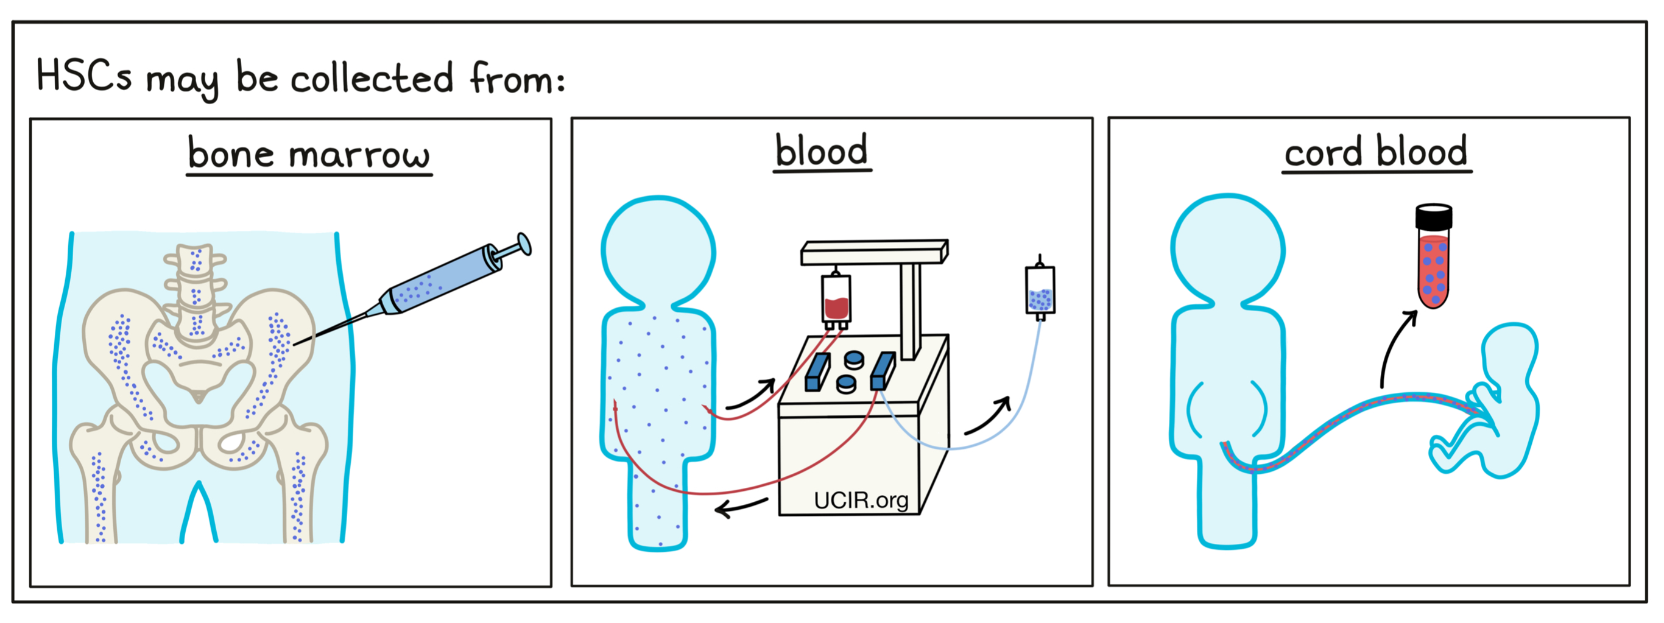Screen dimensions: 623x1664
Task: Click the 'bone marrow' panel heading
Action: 309,155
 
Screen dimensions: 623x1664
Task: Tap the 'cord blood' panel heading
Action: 1376,153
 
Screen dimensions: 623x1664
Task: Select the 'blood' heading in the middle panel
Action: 821,152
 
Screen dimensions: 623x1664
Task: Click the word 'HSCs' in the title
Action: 84,76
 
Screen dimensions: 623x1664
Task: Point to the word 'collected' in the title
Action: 372,79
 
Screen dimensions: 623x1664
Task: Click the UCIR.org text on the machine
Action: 861,501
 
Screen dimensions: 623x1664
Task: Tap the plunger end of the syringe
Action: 524,244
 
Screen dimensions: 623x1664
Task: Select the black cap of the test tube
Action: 1433,217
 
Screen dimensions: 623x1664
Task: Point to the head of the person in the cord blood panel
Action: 1227,248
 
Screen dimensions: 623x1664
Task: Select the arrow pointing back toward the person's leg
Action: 742,507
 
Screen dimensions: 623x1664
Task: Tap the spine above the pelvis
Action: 195,284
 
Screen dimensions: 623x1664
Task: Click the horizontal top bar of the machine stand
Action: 873,252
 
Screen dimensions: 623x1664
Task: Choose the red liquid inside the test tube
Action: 1433,271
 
